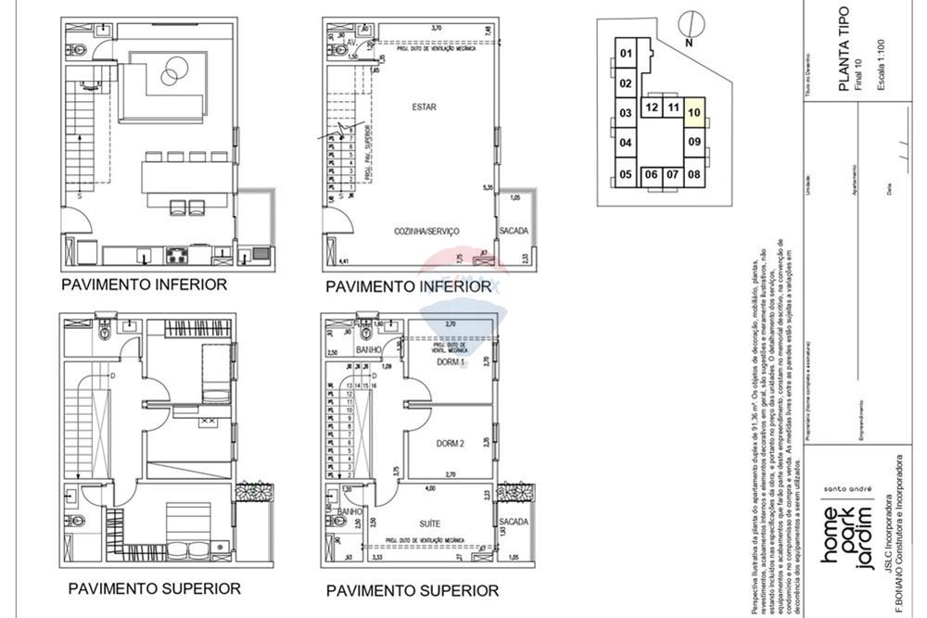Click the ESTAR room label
424,107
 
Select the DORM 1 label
451,362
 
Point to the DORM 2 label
451,444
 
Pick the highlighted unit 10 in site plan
694,113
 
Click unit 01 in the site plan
626,54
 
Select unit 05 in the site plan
626,174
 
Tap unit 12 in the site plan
652,107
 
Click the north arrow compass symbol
687,23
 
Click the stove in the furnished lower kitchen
177,254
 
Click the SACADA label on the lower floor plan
514,230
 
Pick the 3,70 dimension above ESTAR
436,29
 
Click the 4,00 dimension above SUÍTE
429,488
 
